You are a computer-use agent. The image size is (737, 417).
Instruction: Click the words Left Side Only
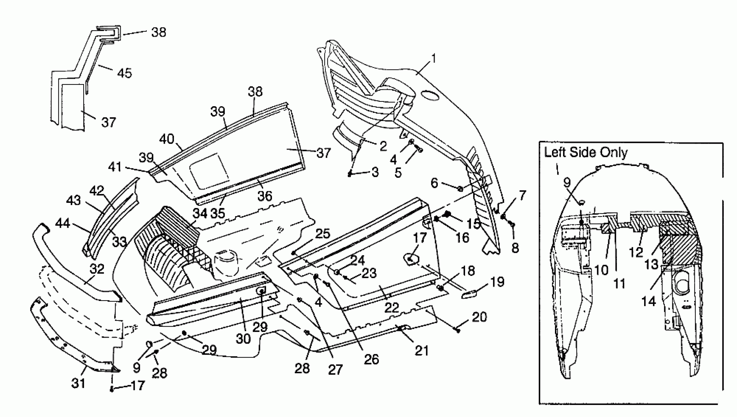point(586,152)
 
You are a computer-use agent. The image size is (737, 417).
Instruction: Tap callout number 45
point(124,73)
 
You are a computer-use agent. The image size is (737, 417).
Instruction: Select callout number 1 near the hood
point(434,58)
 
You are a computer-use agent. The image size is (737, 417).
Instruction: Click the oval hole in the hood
point(430,96)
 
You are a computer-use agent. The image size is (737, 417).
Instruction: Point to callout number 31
point(78,383)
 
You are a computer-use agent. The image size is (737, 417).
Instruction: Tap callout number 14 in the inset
point(649,301)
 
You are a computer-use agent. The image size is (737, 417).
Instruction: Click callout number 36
point(265,196)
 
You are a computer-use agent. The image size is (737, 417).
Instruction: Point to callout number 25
point(323,234)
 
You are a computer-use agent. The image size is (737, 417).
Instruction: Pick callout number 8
point(515,248)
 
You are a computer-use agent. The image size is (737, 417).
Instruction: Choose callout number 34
point(200,213)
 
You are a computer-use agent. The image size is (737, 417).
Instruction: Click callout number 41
point(115,167)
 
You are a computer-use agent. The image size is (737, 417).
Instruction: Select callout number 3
point(375,172)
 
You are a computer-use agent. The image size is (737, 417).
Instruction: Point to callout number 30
point(243,339)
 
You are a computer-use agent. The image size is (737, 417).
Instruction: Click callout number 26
point(371,359)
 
